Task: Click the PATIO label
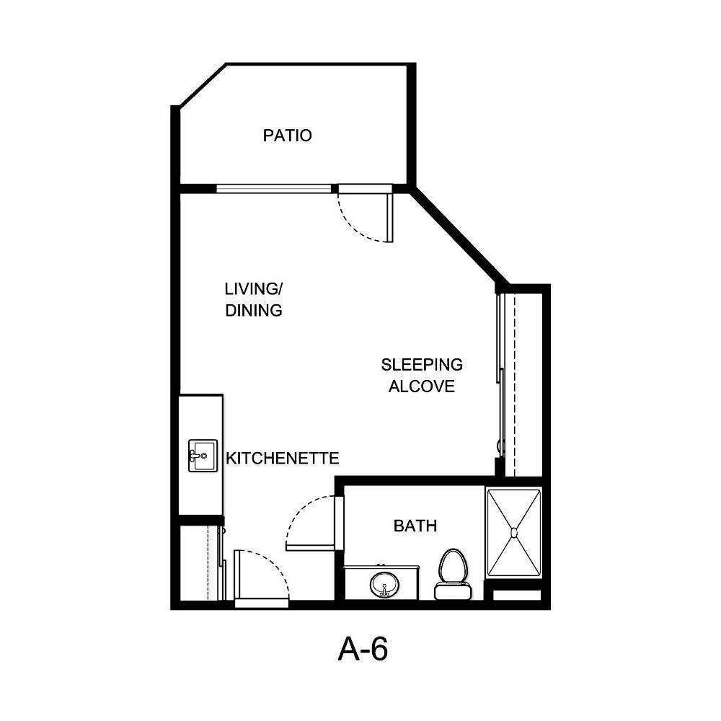pos(287,135)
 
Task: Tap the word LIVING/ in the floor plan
pos(254,290)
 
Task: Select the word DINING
pos(252,311)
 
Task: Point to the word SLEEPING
pos(422,365)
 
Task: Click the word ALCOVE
pos(422,386)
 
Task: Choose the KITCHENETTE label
pos(283,458)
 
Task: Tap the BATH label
pos(415,526)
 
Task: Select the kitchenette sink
pos(201,456)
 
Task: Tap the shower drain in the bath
pos(514,533)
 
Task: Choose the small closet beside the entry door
pos(198,562)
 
